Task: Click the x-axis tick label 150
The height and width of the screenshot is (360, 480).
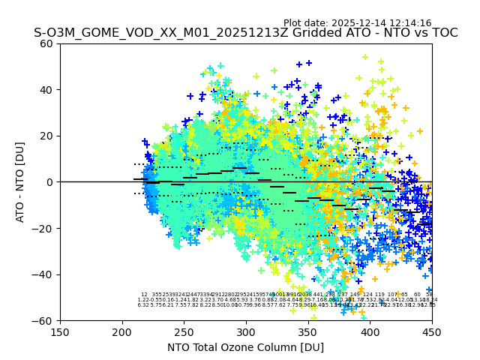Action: point(60,331)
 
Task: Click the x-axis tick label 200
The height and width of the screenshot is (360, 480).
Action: point(122,331)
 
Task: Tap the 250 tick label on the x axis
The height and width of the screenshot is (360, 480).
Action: point(184,331)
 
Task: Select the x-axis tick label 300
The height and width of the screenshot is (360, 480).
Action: point(246,331)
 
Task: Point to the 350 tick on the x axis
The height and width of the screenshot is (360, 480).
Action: point(307,331)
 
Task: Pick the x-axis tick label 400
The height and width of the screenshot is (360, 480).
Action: point(370,331)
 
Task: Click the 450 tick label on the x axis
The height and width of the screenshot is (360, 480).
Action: point(431,331)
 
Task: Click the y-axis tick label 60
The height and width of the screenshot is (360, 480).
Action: point(47,43)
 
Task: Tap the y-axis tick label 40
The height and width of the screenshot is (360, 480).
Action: point(47,90)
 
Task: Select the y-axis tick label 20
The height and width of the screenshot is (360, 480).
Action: point(47,136)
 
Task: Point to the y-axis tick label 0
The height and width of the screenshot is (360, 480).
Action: point(50,182)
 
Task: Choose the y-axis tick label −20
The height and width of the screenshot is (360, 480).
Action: point(44,228)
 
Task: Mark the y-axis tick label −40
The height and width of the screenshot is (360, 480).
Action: point(44,274)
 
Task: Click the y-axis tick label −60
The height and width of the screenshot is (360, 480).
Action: point(44,320)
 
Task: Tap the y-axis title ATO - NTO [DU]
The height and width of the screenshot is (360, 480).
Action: point(20,182)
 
